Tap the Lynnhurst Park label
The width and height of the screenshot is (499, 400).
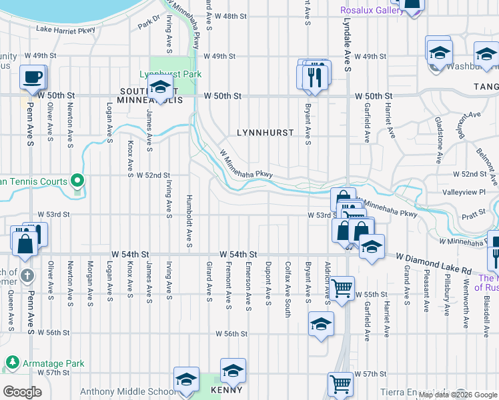(169, 74)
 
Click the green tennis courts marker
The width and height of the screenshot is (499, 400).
(77, 181)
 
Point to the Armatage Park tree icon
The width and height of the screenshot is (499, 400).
(12, 363)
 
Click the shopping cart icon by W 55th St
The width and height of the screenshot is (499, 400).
(342, 289)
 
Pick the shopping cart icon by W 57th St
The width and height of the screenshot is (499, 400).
(340, 385)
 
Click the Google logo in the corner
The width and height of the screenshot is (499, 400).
(22, 392)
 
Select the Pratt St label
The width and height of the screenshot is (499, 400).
(473, 216)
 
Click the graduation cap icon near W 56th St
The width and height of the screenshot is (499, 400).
(321, 325)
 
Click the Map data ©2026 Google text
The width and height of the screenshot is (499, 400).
(458, 395)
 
